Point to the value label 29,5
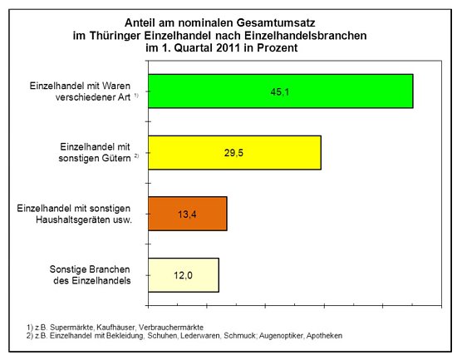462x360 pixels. (x=233, y=153)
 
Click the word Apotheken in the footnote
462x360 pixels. (x=322, y=335)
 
